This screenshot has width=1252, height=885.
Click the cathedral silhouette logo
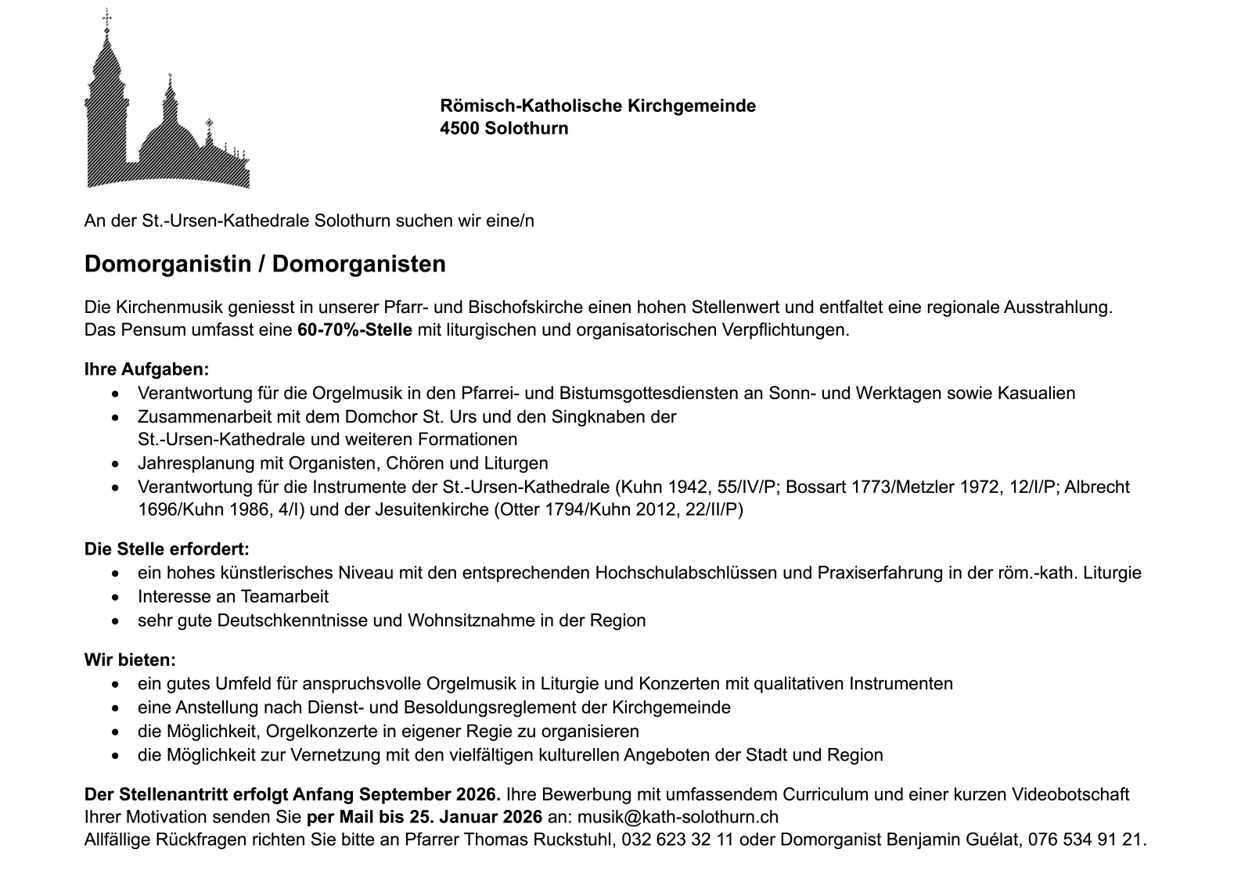coord(166,110)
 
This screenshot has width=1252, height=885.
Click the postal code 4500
coord(459,128)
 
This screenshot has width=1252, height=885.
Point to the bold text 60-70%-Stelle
coord(354,330)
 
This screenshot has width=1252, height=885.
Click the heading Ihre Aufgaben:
coord(146,369)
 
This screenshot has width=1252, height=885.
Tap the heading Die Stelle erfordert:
coord(167,549)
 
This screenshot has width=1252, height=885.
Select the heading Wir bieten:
coord(130,660)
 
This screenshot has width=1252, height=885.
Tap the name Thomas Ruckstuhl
coord(552,840)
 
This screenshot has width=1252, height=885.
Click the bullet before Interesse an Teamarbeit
coord(117,598)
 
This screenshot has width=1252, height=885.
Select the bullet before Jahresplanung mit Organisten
coord(117,464)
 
